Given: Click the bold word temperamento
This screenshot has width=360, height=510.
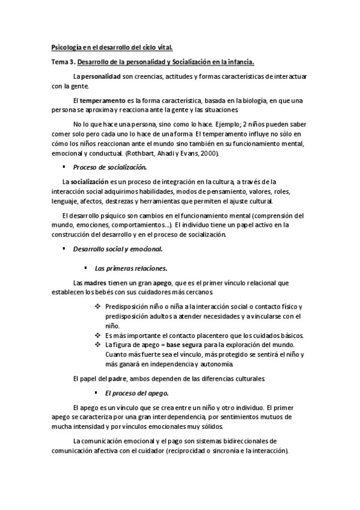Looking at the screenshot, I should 100,100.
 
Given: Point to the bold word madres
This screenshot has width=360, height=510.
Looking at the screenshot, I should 96,283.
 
